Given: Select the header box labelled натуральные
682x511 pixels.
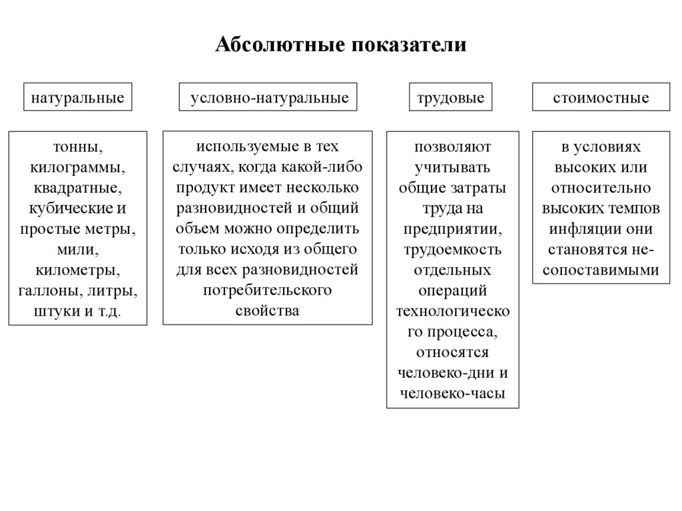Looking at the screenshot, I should [x=78, y=98].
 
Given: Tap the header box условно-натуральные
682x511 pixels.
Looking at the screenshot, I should [x=269, y=98].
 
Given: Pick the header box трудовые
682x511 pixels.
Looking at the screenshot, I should [x=450, y=98].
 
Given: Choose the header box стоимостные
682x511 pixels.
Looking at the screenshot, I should [x=601, y=98].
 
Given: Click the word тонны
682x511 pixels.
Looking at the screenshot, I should [x=75, y=146].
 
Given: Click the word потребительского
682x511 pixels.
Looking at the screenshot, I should [x=267, y=290].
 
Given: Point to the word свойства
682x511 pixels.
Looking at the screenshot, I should [x=267, y=311].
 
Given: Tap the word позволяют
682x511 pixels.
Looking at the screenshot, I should [x=452, y=146].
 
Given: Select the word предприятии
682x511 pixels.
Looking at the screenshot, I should [x=452, y=229].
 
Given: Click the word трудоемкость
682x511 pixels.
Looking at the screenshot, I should [x=452, y=250].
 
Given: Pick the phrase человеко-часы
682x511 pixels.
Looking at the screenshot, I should [x=452, y=393].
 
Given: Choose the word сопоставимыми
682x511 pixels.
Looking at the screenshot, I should [x=601, y=270].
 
